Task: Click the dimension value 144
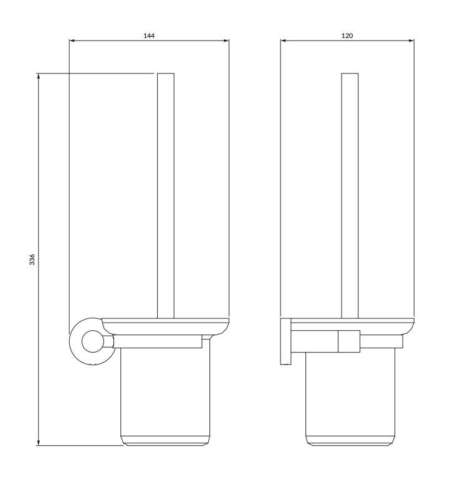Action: (148, 36)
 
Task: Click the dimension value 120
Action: (347, 36)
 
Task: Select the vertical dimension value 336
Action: (32, 260)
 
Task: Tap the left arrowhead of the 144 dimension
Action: (72, 42)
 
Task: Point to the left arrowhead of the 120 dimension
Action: (284, 42)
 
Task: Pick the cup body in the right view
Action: (350, 392)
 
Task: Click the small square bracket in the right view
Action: (348, 340)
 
